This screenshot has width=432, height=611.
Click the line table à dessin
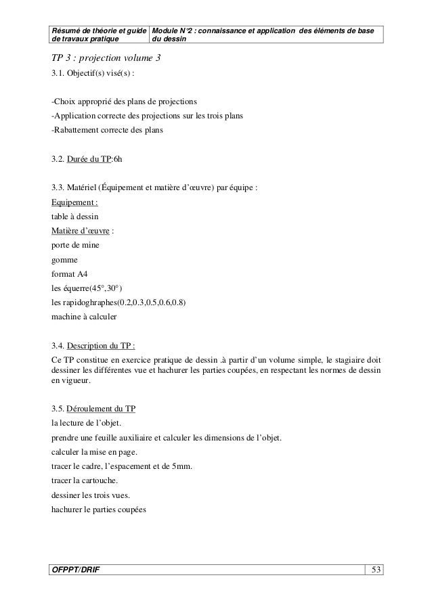(x=74, y=217)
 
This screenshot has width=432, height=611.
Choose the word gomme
(x=64, y=259)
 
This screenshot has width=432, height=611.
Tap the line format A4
(x=70, y=274)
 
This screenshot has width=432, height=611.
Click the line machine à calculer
(x=84, y=317)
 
